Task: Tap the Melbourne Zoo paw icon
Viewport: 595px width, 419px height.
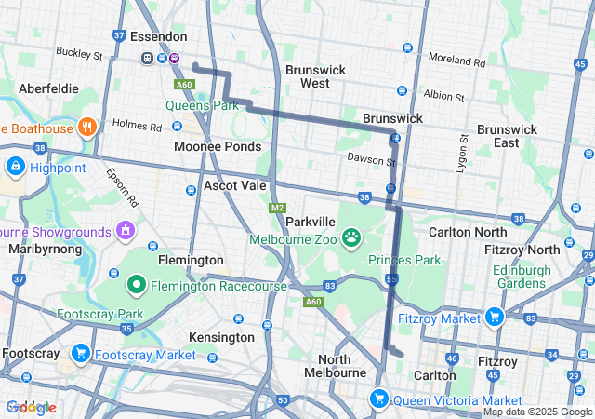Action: (x=351, y=238)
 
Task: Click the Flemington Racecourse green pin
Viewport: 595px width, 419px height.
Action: (x=136, y=284)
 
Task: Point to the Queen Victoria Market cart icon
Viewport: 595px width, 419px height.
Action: (x=378, y=399)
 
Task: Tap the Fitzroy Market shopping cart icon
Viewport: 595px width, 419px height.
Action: (x=494, y=318)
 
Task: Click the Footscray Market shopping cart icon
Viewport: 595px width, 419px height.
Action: (x=81, y=354)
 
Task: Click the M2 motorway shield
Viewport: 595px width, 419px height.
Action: (x=276, y=208)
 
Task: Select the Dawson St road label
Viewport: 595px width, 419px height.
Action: (x=372, y=161)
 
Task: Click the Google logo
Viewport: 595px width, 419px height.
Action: (x=31, y=407)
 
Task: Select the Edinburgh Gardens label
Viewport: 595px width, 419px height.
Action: (x=534, y=276)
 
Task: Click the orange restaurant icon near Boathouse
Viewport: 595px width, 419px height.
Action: (x=87, y=127)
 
